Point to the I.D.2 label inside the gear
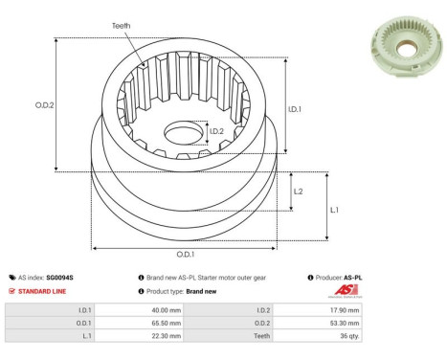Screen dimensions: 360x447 pyautogui.click(x=217, y=131)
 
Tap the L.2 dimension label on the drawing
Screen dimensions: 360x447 pyautogui.click(x=298, y=191)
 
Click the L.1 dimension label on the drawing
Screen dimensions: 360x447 pyautogui.click(x=334, y=209)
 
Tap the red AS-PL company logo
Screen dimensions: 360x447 pyautogui.click(x=345, y=291)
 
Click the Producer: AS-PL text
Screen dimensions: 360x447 pyautogui.click(x=338, y=277)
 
